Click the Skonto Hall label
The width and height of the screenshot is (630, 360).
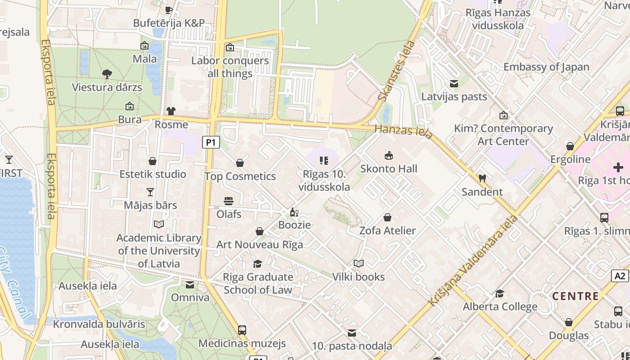tap(389, 169)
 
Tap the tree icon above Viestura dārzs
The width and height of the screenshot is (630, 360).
tap(107, 74)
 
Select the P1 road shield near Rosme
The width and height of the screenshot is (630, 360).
tap(211, 143)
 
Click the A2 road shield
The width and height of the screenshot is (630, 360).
tap(620, 276)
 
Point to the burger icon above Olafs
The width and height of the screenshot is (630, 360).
tap(229, 201)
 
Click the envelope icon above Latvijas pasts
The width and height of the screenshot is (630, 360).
tap(454, 84)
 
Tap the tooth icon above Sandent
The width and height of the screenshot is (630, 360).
tap(482, 179)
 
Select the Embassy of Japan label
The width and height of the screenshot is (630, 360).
tap(546, 67)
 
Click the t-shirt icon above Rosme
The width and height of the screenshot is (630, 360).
tap(171, 111)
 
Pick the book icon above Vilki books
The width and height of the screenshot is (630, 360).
tap(358, 264)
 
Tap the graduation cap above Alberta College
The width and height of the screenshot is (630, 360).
tap(499, 294)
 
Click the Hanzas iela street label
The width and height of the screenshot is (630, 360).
tap(404, 131)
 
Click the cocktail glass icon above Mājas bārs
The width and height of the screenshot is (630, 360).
tap(150, 192)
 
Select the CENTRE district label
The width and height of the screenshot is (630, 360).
tap(575, 297)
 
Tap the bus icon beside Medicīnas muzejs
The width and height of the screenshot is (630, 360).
tap(242, 330)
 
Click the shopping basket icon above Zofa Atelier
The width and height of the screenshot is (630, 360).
tap(387, 218)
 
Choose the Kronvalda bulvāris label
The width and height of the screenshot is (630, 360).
tap(99, 324)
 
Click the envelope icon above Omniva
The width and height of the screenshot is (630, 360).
tap(190, 284)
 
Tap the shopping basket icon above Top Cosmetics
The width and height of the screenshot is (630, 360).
tap(240, 163)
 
